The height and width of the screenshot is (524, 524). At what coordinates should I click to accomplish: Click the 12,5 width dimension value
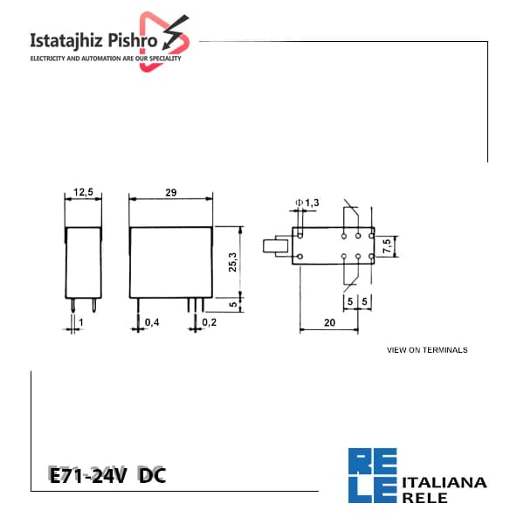click(83, 192)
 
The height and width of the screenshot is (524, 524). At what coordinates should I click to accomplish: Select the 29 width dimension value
click(171, 192)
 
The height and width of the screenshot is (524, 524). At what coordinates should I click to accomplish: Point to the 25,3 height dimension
click(232, 262)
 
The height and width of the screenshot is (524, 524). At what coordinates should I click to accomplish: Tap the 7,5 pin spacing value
click(387, 246)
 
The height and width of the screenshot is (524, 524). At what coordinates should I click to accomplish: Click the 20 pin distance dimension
click(329, 322)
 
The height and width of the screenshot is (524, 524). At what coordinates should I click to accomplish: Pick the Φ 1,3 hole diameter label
click(307, 203)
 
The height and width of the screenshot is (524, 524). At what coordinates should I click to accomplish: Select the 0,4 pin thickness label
click(152, 322)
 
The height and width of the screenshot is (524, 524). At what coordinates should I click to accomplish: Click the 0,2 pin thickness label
click(210, 322)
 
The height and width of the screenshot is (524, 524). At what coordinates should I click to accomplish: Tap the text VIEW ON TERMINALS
click(427, 350)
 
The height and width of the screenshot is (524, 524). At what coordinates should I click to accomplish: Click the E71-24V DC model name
click(107, 475)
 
